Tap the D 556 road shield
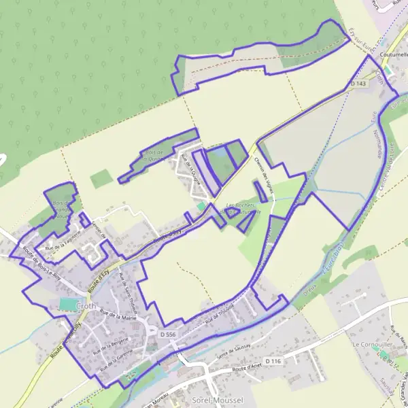click(x=168, y=335)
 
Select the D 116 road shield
click(x=273, y=360)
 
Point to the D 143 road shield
click(x=358, y=84)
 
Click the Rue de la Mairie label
click(x=118, y=315)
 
